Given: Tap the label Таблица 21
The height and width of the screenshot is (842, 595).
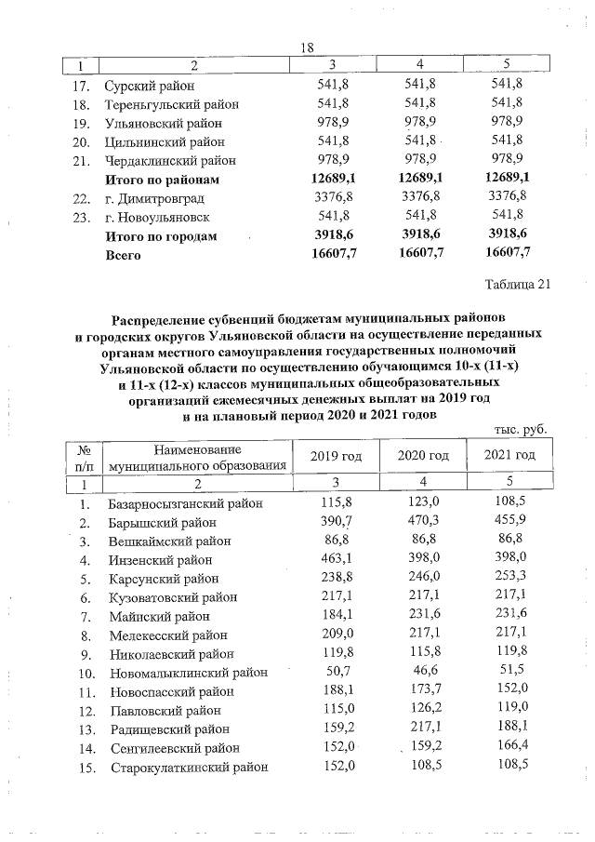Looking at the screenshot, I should click(x=518, y=285).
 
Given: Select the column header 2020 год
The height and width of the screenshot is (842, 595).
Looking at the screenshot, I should click(x=423, y=455).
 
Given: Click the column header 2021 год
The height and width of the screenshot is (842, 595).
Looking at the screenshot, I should click(x=510, y=455).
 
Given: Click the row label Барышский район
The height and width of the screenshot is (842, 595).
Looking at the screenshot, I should click(x=163, y=523).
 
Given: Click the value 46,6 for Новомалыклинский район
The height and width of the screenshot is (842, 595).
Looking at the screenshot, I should click(x=423, y=673).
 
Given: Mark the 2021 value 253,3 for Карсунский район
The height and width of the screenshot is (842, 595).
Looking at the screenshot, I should click(x=512, y=579).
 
